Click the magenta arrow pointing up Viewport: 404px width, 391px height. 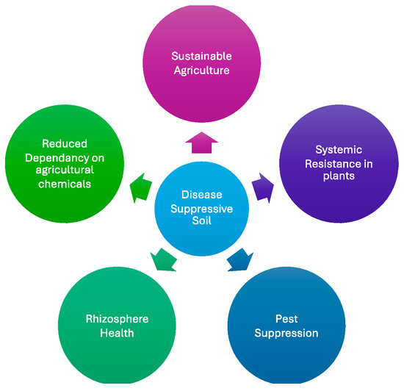(201, 143)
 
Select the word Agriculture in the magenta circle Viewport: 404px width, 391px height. (201, 71)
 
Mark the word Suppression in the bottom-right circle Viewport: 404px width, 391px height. (286, 333)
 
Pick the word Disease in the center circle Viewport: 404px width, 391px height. (201, 195)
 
